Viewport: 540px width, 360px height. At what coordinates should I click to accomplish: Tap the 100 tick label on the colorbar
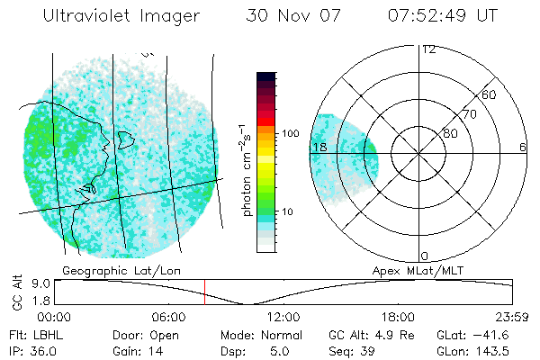tap(290, 133)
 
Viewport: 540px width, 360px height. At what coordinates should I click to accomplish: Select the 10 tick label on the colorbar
tap(287, 211)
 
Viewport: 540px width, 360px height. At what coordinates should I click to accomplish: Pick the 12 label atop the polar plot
tap(428, 49)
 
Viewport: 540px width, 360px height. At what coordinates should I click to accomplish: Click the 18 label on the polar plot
tap(319, 147)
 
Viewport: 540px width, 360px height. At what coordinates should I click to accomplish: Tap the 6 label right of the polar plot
tap(522, 147)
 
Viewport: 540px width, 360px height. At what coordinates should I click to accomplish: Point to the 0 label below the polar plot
tap(426, 256)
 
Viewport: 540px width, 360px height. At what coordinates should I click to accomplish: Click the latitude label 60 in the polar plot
tap(489, 94)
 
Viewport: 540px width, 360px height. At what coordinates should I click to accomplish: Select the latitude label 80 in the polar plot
tap(450, 133)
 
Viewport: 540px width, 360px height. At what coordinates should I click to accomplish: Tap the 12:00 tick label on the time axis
tap(283, 317)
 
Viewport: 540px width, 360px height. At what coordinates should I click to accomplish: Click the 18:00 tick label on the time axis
tap(398, 317)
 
